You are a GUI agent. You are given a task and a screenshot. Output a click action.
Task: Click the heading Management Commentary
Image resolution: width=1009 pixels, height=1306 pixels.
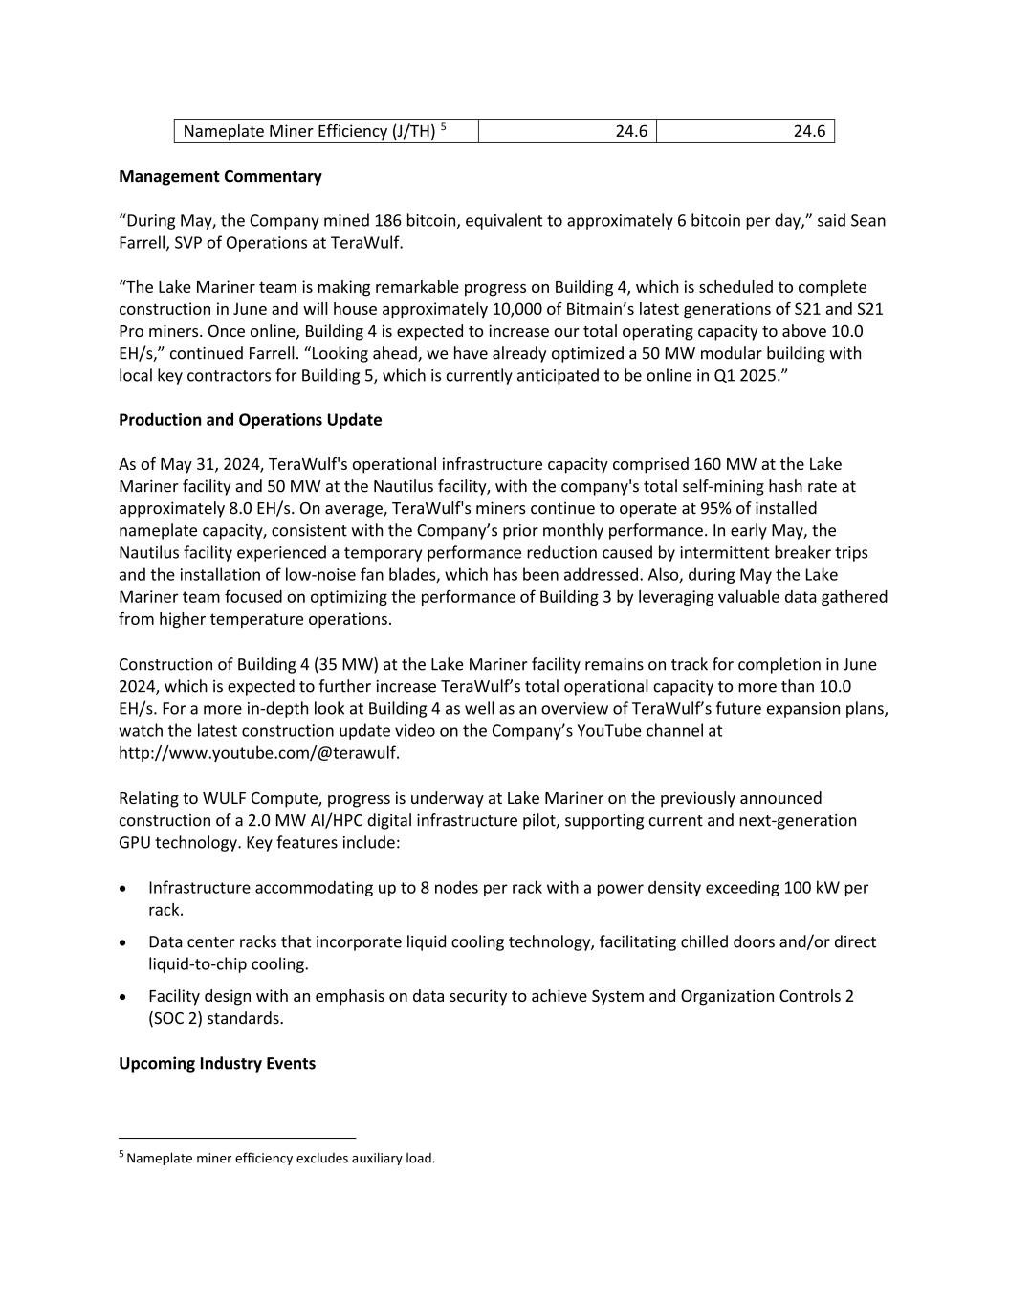(220, 176)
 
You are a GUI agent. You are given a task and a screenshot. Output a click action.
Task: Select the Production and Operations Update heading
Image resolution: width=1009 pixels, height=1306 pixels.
(250, 419)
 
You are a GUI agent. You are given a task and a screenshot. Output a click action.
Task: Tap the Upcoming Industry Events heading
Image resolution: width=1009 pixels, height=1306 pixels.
(217, 1063)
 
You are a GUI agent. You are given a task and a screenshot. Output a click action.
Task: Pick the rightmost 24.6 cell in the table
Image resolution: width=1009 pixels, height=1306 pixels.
(809, 131)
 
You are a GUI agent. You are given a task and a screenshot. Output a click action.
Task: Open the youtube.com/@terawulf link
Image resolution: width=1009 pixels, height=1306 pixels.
(259, 753)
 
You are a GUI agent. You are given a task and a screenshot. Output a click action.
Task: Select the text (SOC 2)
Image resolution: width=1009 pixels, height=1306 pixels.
(176, 1018)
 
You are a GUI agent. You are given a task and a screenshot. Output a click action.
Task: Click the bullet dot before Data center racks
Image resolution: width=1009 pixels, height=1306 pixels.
(124, 942)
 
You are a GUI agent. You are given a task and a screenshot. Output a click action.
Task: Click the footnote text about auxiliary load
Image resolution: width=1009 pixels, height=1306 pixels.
(280, 1159)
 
